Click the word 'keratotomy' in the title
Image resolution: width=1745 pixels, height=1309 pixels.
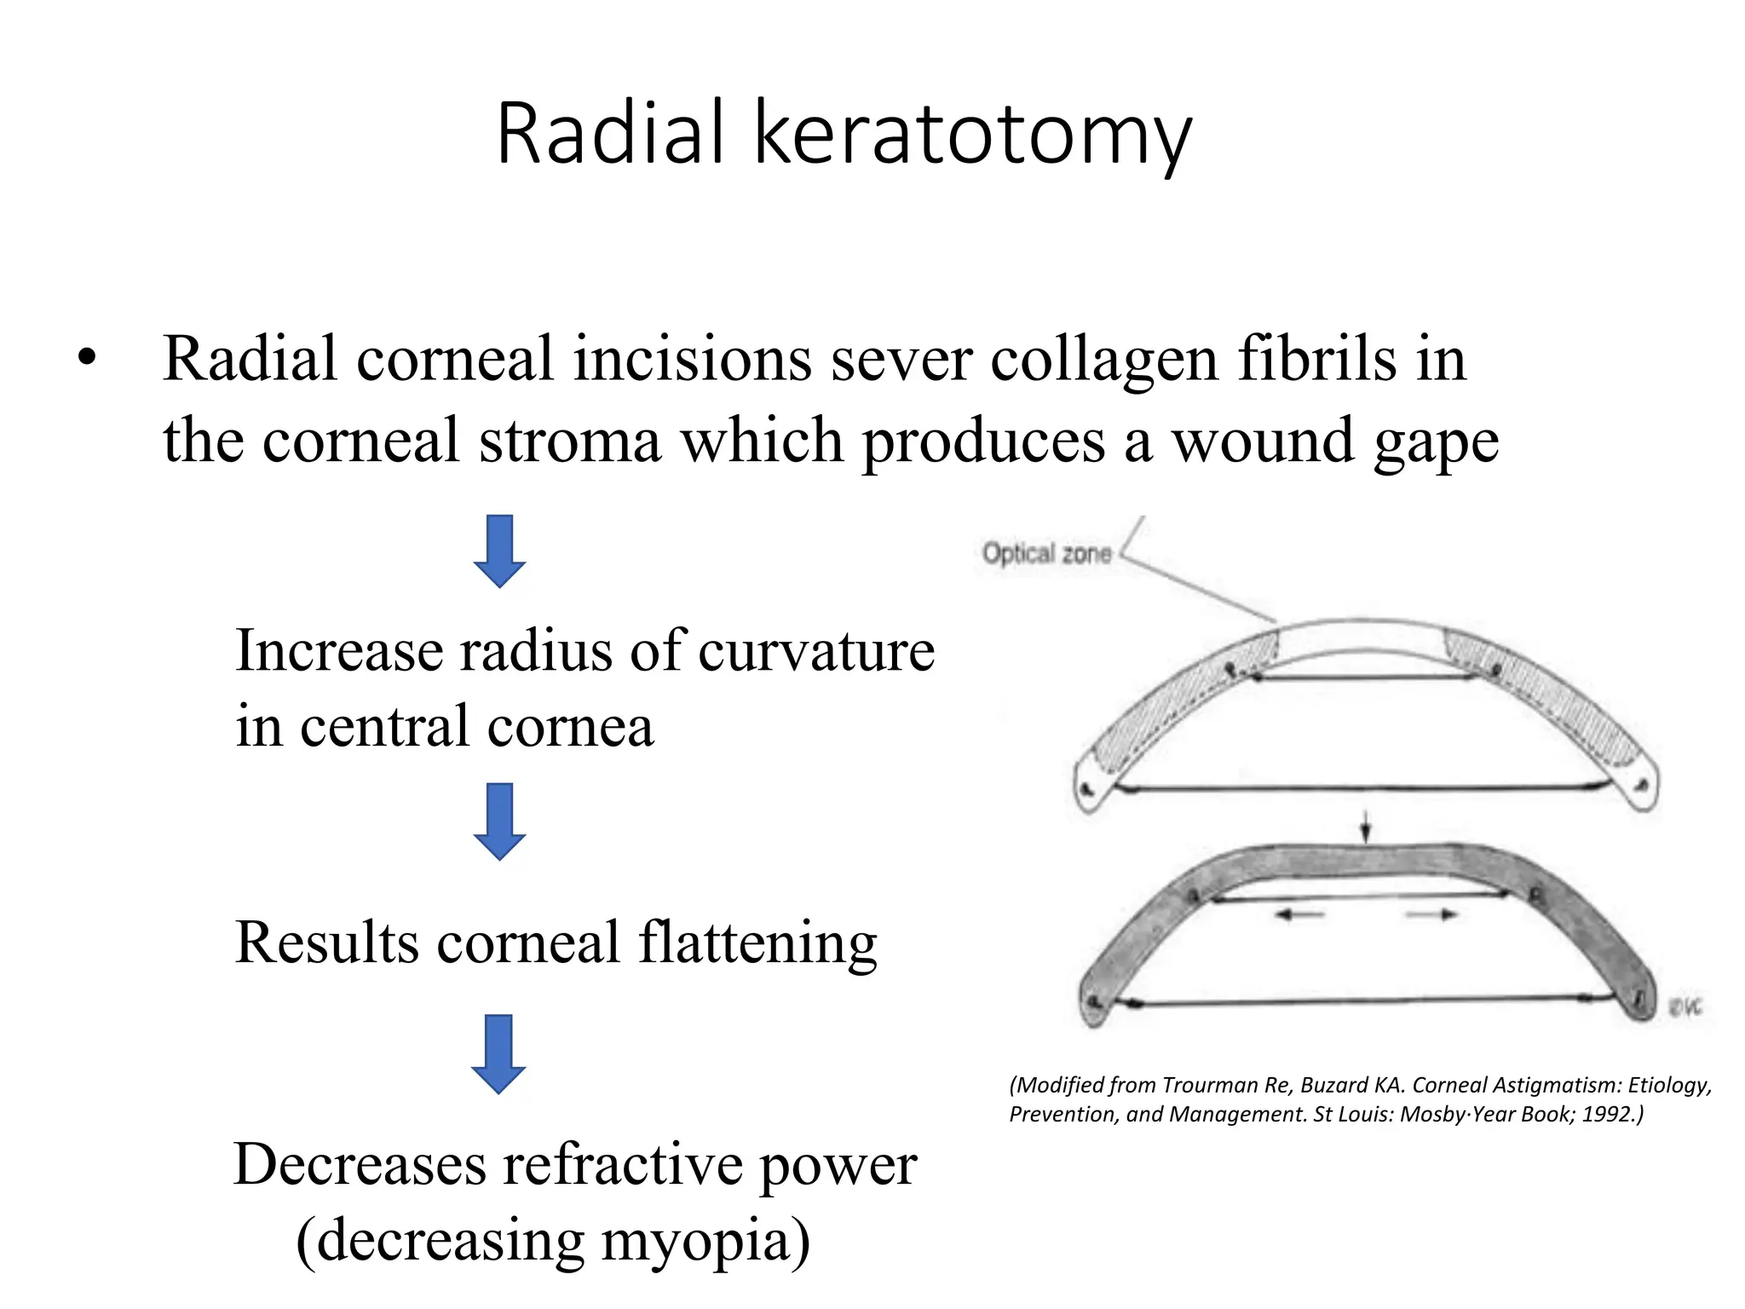[x=972, y=135]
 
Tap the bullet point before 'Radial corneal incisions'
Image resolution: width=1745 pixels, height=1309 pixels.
[x=86, y=358]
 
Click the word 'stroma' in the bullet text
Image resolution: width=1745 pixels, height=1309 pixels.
[x=569, y=441]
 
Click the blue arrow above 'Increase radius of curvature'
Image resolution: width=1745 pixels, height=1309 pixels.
[x=499, y=551]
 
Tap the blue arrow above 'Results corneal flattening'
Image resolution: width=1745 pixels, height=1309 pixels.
[x=499, y=821]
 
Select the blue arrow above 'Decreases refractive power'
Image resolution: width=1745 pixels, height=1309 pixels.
[x=498, y=1053]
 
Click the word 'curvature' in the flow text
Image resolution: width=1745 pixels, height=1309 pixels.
[x=816, y=651]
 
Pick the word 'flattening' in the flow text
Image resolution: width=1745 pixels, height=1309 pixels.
[x=757, y=943]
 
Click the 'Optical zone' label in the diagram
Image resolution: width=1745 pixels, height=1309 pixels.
[x=1046, y=554]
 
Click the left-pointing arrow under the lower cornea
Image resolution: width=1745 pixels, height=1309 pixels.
[x=1299, y=914]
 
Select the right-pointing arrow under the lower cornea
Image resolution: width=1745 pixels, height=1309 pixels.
[x=1431, y=914]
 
